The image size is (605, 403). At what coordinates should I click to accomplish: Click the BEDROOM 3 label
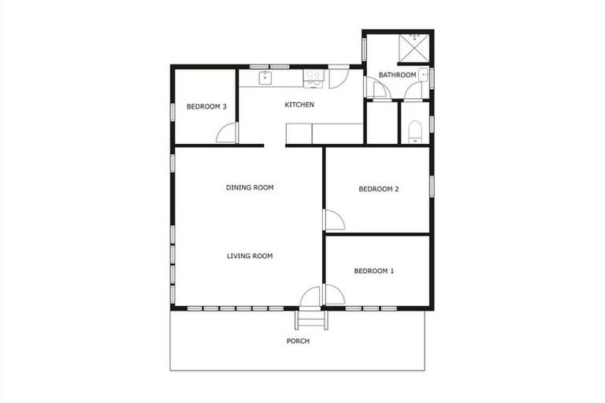click(x=206, y=107)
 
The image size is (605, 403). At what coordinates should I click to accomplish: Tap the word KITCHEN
click(x=299, y=105)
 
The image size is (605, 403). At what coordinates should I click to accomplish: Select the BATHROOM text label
click(x=397, y=76)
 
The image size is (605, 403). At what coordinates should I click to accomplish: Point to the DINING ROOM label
click(x=249, y=187)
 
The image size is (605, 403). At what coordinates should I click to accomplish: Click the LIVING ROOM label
click(x=250, y=256)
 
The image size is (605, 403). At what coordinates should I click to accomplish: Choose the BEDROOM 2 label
click(x=379, y=189)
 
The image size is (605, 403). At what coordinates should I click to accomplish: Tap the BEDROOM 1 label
click(x=374, y=271)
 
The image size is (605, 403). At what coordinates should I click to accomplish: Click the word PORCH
click(x=298, y=341)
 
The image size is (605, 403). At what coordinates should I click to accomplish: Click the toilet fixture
click(x=417, y=131)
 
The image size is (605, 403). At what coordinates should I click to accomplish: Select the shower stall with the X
click(x=414, y=47)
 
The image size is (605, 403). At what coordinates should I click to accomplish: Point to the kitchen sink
click(x=266, y=77)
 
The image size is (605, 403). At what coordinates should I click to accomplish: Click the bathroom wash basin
click(x=424, y=76)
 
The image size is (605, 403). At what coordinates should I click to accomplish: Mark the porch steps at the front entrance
click(x=309, y=319)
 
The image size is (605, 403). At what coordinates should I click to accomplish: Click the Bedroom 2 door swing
click(x=333, y=220)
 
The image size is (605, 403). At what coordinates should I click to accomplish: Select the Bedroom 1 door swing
click(x=334, y=294)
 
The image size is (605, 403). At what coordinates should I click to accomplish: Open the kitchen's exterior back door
click(x=339, y=76)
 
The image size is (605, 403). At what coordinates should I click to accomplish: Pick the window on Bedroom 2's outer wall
click(x=432, y=186)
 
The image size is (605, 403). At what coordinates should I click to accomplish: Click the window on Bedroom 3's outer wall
click(x=173, y=110)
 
